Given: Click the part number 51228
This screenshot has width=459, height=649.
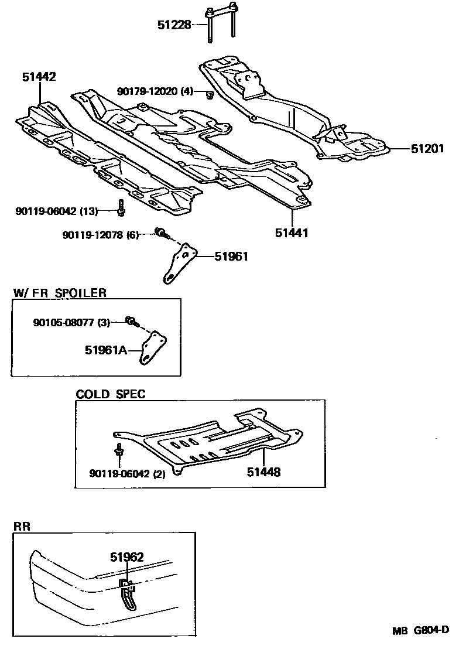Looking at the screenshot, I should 174,24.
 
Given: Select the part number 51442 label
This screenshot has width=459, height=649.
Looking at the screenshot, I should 39,77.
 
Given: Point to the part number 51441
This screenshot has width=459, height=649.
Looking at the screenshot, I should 292,233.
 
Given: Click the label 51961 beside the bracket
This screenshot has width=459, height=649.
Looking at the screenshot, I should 231,256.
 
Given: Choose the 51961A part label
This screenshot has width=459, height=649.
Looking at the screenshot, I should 105,350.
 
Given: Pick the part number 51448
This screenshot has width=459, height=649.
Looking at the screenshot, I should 263,472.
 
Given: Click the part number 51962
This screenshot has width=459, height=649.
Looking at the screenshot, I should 127,557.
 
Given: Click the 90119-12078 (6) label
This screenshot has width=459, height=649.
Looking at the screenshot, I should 100,235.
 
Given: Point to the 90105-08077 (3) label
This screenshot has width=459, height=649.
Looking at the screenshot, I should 70,322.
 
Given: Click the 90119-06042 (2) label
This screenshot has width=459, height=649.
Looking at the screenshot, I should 127,474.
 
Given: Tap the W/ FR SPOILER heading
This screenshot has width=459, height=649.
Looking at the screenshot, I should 60,293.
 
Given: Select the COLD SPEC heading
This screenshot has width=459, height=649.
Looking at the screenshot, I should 110,394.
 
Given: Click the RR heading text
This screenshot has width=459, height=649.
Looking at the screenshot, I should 22,527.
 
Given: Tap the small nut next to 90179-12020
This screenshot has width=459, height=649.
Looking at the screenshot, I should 208,94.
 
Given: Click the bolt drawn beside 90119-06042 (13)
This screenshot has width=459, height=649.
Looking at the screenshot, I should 121,207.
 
